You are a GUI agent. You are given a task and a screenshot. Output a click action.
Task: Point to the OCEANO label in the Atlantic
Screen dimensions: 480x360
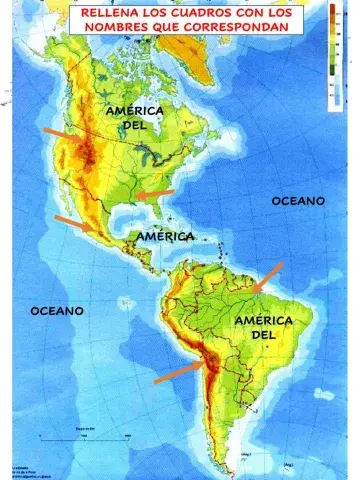[x=298, y=201]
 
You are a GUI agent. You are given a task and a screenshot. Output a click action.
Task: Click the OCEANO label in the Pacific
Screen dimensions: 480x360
[x=55, y=311]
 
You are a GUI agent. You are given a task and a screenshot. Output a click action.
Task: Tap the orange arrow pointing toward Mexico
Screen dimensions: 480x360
[x=76, y=226]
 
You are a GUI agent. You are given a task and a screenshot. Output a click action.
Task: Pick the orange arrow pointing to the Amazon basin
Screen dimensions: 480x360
[x=267, y=277]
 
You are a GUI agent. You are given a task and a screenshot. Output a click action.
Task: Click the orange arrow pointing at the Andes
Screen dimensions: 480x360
[x=179, y=372]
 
